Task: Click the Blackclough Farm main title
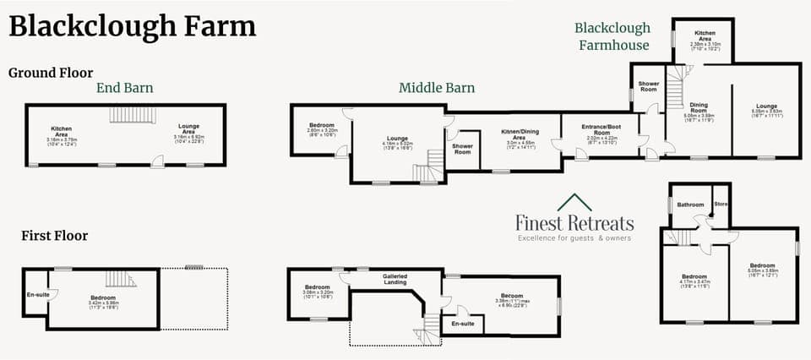coord(132,26)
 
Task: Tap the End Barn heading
coord(124,87)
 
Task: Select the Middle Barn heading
coord(437,87)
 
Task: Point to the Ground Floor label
coord(51,73)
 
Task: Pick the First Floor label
coord(54,236)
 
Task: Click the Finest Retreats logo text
coord(574,222)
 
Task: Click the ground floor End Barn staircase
coord(133,115)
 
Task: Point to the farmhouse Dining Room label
coord(698,107)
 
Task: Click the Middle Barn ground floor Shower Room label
coord(462,149)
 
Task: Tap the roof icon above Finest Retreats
coord(574,203)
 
